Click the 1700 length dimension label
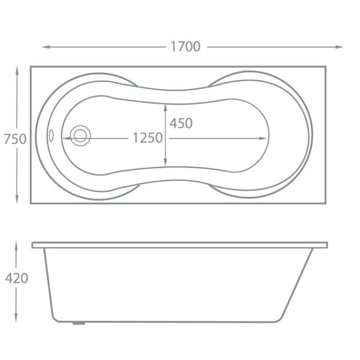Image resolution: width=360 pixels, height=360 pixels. (185, 47)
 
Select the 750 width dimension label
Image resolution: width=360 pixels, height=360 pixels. (15, 139)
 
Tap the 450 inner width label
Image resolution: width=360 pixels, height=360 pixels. (181, 123)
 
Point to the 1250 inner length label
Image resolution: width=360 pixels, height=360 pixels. (148, 138)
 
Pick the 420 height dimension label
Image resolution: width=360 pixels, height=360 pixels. (17, 278)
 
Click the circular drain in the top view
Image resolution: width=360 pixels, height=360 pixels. (80, 136)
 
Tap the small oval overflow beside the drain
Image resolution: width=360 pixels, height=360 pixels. (51, 136)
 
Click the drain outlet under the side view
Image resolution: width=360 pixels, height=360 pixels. (79, 323)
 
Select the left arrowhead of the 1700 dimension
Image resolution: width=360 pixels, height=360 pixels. (46, 47)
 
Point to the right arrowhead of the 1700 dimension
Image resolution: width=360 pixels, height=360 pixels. (339, 47)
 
